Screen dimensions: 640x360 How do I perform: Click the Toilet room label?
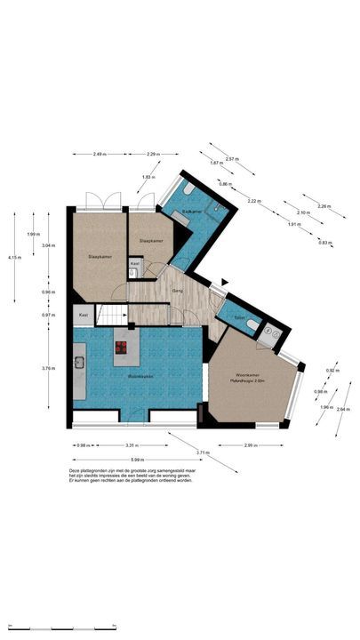[239, 317]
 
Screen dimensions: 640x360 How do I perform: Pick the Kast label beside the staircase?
[83, 315]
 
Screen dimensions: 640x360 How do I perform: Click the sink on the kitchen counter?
[78, 363]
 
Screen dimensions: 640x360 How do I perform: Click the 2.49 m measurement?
[99, 155]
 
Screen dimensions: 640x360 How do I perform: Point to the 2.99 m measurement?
[251, 445]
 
